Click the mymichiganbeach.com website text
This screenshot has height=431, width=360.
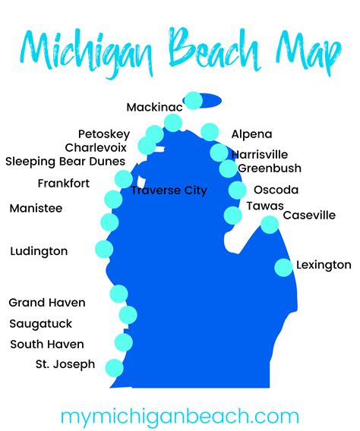pyautogui.click(x=179, y=416)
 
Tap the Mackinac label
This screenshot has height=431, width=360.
pyautogui.click(x=154, y=107)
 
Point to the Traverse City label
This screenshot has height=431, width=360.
pyautogui.click(x=169, y=190)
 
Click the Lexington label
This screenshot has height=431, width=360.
pyautogui.click(x=324, y=265)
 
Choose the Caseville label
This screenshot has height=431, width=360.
pyautogui.click(x=309, y=215)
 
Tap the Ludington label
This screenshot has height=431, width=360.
pyautogui.click(x=39, y=251)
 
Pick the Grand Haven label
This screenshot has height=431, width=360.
pyautogui.click(x=47, y=303)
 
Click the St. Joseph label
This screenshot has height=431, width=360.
pyautogui.click(x=65, y=364)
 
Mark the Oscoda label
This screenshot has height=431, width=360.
pyautogui.click(x=276, y=190)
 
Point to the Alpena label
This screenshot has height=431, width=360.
pyautogui.click(x=251, y=134)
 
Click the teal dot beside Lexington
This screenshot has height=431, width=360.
pyautogui.click(x=283, y=267)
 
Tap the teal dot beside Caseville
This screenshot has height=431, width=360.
pyautogui.click(x=270, y=224)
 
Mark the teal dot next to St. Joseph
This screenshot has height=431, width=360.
pyautogui.click(x=113, y=367)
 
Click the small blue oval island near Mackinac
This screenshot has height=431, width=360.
pyautogui.click(x=212, y=100)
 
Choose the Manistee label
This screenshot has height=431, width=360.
pyautogui.click(x=36, y=208)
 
